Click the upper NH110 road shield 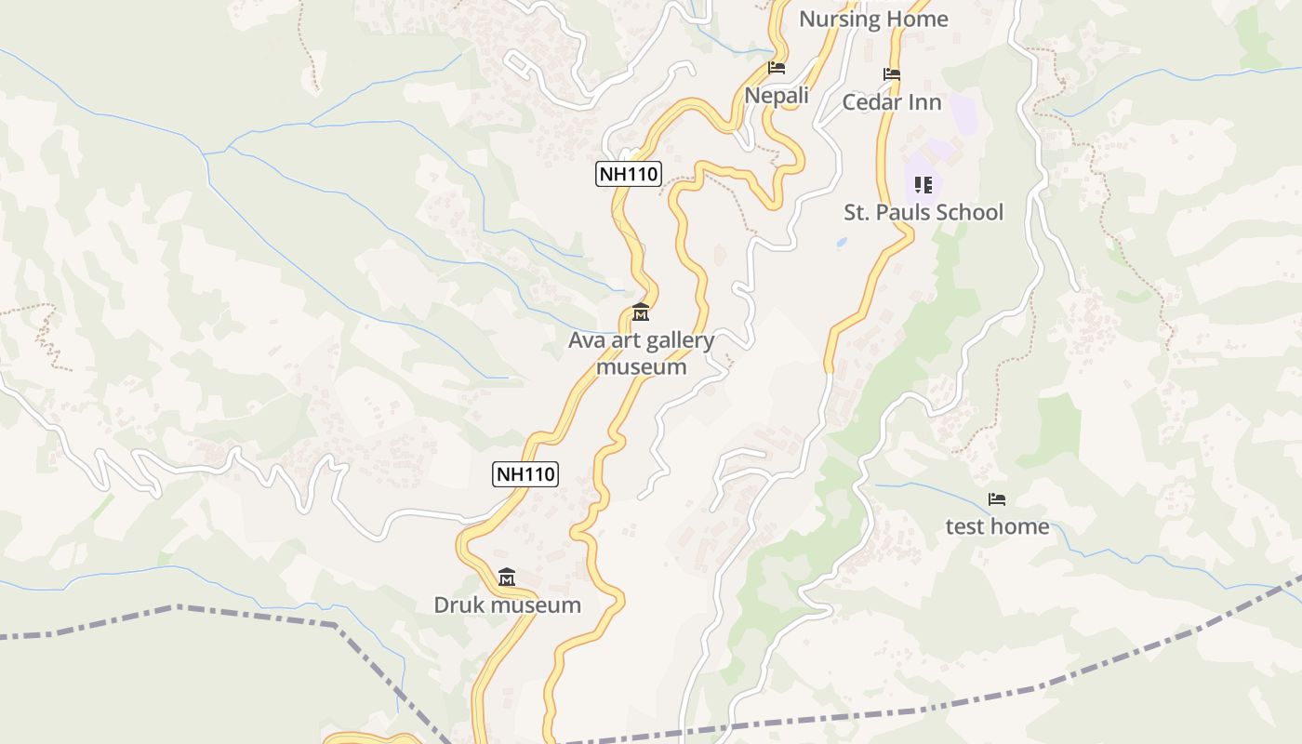point(628,173)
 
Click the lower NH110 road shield point(525,473)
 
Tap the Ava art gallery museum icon point(641,312)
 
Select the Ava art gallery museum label point(641,353)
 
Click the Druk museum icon point(507,578)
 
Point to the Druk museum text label point(507,604)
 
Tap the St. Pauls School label point(923,212)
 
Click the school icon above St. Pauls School point(923,185)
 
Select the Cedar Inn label point(891,102)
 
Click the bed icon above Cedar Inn point(892,74)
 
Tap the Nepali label point(777,95)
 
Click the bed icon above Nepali point(777,68)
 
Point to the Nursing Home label point(873,19)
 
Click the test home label point(997,526)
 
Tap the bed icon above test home point(997,499)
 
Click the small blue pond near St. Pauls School point(842,242)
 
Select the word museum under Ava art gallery point(641,366)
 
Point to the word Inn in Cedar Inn point(926,102)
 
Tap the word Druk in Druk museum point(459,604)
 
